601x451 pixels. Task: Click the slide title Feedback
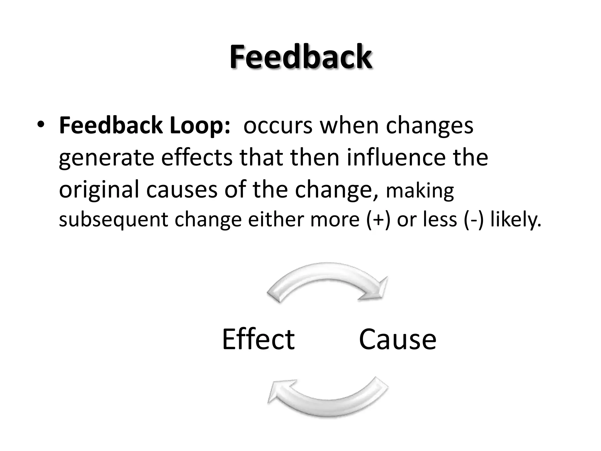[x=301, y=56]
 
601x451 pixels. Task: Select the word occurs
[x=278, y=126]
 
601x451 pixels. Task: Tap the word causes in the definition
[x=181, y=190]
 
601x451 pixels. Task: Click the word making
[x=420, y=191]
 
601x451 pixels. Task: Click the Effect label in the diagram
[x=258, y=339]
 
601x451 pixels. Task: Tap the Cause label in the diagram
[x=397, y=339]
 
